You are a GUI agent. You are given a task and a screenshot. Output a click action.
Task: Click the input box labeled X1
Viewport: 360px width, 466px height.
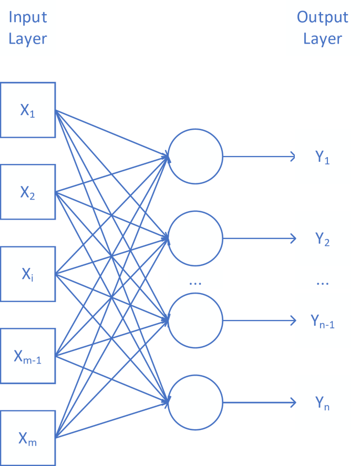tap(27, 110)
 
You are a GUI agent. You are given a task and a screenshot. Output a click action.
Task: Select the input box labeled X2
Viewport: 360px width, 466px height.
tap(27, 192)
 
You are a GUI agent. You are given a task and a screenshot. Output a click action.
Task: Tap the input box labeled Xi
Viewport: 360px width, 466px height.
tap(27, 274)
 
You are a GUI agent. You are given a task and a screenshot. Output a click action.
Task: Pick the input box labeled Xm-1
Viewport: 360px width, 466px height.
tap(27, 356)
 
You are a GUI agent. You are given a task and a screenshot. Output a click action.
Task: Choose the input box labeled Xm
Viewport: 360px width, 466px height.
tap(27, 438)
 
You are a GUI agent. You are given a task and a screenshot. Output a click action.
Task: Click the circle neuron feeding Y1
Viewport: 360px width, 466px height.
tap(196, 157)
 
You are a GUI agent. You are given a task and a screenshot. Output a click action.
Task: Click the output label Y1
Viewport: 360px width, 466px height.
tap(322, 158)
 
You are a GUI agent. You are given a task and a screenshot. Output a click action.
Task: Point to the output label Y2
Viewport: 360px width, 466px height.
tap(322, 240)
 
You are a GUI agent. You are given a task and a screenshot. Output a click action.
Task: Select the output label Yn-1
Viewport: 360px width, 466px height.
tap(322, 322)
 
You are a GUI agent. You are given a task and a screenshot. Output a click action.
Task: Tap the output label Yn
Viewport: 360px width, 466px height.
tap(322, 403)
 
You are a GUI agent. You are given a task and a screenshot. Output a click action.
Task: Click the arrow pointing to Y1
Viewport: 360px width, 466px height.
tap(260, 157)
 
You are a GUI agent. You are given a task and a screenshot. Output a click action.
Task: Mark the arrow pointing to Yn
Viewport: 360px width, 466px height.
tap(260, 403)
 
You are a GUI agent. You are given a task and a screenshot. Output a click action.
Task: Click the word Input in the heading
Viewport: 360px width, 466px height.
tap(27, 17)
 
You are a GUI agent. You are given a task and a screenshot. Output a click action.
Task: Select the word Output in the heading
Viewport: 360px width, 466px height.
tap(322, 17)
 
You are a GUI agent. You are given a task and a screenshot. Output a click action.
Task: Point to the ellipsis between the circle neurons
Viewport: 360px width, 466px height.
tap(195, 283)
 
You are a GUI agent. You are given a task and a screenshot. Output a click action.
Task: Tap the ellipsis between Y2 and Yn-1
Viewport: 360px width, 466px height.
tap(322, 283)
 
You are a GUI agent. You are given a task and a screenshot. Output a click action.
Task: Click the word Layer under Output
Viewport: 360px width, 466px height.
tap(322, 39)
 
